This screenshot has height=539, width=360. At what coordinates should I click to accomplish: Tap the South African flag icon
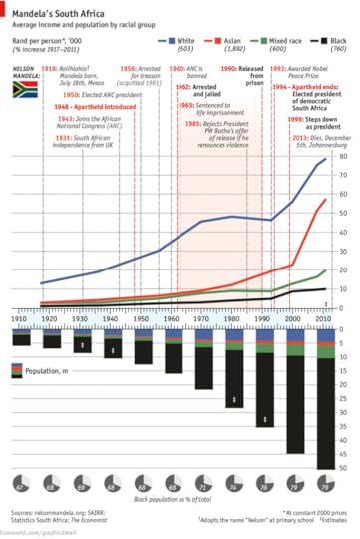[x=25, y=89]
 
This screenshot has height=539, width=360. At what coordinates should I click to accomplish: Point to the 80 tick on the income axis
[x=344, y=156]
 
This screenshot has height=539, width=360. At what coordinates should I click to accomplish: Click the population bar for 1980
[x=232, y=369]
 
